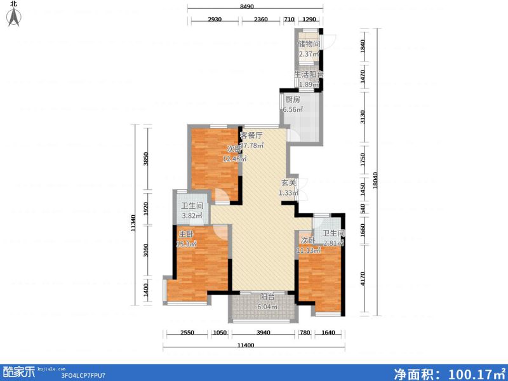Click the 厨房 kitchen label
[292, 100]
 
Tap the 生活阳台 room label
[309, 74]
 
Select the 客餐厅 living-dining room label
[251, 135]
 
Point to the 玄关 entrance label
[289, 183]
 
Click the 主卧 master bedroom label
[185, 234]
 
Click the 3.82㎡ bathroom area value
[192, 216]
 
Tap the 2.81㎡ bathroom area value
[333, 243]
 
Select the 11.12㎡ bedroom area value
[309, 250]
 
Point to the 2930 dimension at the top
[214, 20]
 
